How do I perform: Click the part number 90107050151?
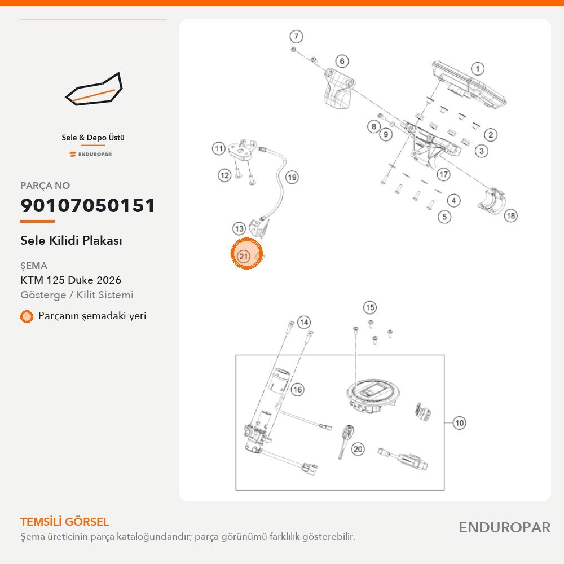click(x=88, y=205)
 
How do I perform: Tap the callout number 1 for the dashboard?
click(x=478, y=69)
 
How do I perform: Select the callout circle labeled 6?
click(x=342, y=61)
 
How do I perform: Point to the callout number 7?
click(x=296, y=36)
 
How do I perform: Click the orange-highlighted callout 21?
click(x=244, y=257)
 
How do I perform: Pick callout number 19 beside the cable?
click(x=292, y=177)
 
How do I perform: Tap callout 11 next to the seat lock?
click(x=219, y=148)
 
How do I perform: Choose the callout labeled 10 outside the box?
click(x=459, y=422)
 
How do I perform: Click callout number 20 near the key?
click(x=358, y=449)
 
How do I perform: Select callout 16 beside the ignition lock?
click(x=297, y=389)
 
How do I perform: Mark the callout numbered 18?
click(x=511, y=215)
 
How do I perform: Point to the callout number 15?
click(x=370, y=307)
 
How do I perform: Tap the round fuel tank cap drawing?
click(x=371, y=396)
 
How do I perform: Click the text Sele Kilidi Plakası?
click(x=71, y=240)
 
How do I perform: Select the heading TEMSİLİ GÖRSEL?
click(x=65, y=522)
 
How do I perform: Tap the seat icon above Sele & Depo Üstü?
click(x=94, y=89)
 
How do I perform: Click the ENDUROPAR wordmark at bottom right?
click(x=504, y=527)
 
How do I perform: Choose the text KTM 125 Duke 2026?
click(x=71, y=280)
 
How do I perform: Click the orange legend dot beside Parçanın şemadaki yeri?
click(x=27, y=316)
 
